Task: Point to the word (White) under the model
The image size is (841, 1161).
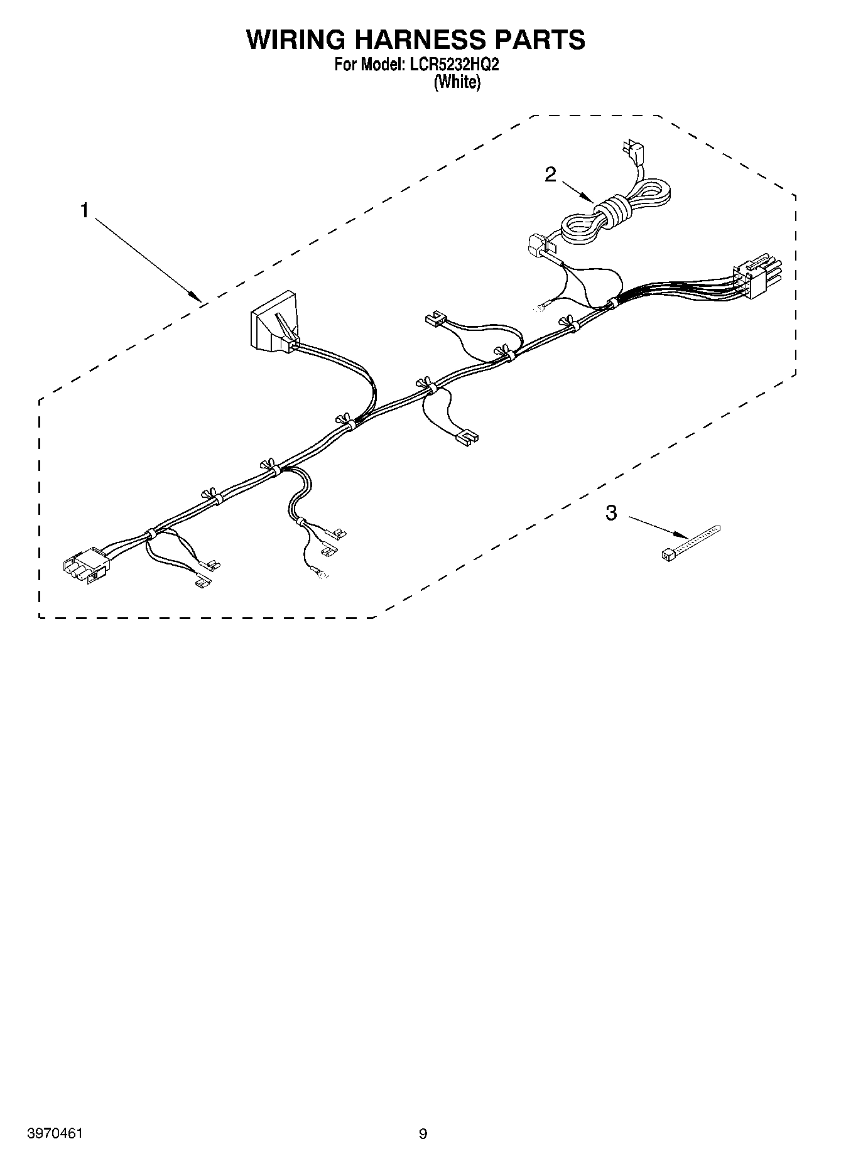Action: click(x=457, y=82)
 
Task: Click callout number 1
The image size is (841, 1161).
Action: click(x=84, y=211)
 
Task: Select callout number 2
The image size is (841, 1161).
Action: click(x=550, y=174)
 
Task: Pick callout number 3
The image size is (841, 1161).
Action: click(x=611, y=513)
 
